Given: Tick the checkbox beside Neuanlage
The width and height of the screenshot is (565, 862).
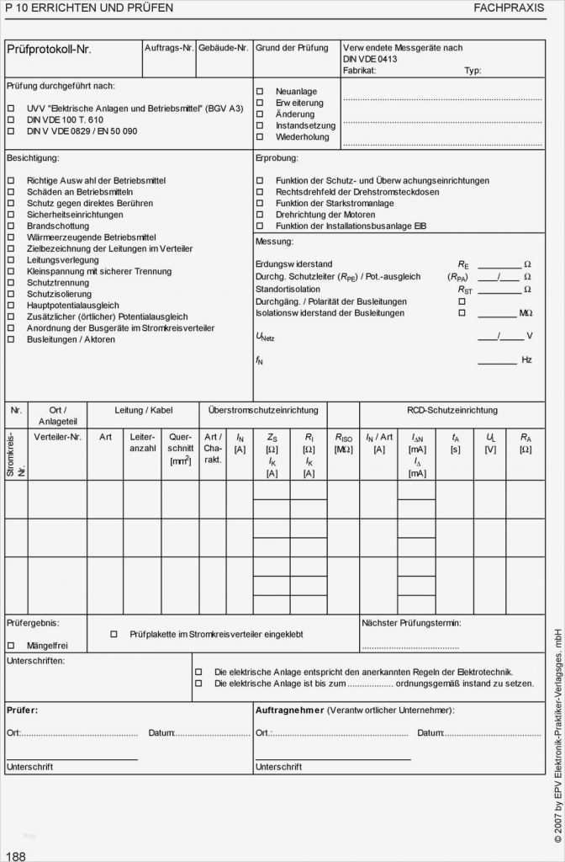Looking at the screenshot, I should pos(260,91).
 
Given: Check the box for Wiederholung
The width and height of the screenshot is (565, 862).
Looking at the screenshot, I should pos(260,136).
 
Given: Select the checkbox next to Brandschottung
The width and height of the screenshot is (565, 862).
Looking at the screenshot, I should pos(11,226).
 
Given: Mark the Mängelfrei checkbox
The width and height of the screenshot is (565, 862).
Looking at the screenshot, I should pos(11,646).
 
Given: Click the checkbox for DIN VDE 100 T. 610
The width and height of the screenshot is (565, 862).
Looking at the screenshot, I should pos(11,120).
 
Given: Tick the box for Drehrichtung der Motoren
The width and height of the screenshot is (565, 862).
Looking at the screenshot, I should pos(260,215).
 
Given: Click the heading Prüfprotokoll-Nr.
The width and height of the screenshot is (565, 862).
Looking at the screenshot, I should pos(49,50).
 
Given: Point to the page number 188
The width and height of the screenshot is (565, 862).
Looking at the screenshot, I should pos(16,856).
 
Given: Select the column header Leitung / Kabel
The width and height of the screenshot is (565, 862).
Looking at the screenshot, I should pos(143,411).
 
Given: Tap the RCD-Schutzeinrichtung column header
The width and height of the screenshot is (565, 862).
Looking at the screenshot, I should pos(451,411).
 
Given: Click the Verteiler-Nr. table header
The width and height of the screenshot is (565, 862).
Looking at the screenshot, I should pos(58,437).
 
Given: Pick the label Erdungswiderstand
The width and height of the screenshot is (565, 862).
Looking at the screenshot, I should pos(294,264).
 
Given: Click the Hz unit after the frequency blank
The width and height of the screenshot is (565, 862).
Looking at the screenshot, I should pos(526,360).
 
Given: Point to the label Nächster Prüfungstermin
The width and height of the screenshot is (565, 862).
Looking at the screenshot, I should pos(411,624).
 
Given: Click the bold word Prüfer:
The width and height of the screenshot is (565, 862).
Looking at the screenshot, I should pos(23,710).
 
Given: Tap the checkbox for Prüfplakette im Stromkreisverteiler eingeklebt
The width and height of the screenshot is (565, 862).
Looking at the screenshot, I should pos(114,634).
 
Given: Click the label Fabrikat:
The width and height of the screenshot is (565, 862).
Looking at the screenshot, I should pos(359,71).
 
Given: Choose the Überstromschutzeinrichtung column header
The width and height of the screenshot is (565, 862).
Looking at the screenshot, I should pos(262,411).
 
